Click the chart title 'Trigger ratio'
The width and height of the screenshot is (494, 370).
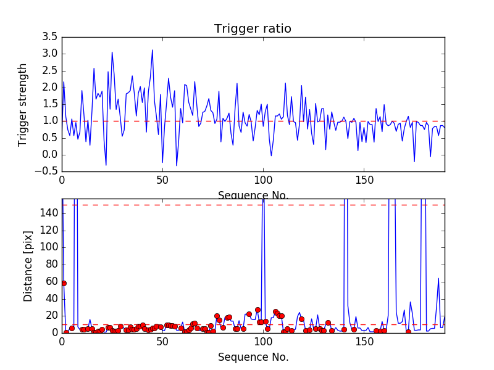click(x=253, y=29)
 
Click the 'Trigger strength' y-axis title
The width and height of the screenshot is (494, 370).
click(x=23, y=104)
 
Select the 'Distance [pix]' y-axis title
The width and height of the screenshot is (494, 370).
click(x=28, y=266)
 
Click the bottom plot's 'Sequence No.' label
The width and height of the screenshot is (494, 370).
click(x=253, y=357)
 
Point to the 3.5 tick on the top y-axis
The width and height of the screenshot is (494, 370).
click(x=50, y=37)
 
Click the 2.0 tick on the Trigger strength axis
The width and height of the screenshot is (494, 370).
click(x=50, y=88)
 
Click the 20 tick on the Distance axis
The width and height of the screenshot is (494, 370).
click(x=51, y=316)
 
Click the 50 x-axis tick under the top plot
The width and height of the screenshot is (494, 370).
click(x=162, y=182)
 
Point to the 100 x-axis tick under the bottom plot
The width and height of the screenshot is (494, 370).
click(x=263, y=343)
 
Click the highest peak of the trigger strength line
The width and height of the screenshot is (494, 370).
click(x=153, y=50)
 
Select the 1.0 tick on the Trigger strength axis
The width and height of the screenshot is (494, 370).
click(x=50, y=121)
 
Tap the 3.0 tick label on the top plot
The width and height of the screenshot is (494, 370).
click(x=50, y=54)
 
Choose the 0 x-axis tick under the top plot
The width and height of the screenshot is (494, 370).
click(x=62, y=182)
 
